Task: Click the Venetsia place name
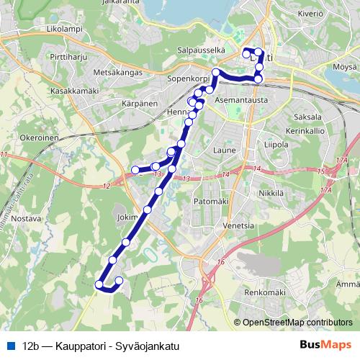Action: point(238,225)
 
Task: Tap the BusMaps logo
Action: point(325,346)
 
